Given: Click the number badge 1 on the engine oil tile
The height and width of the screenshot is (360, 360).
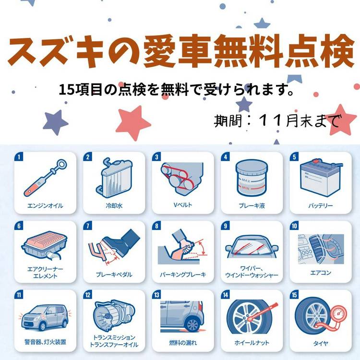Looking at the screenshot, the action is point(19,156).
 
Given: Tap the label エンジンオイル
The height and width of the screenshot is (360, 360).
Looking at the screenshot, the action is point(45,205).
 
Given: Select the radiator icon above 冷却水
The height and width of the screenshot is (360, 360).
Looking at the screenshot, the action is point(114,178).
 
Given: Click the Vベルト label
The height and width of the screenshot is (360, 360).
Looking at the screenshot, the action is point(183,205).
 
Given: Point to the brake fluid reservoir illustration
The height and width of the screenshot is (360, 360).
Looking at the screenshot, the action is point(252,178).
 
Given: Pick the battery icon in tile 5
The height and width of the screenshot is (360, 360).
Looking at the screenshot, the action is point(321,177).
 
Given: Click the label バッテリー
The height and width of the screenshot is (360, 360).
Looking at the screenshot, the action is point(321,205).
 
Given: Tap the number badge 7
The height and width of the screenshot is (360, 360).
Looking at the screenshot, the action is point(88,226).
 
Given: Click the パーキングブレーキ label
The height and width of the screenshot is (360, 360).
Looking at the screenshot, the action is point(183,275).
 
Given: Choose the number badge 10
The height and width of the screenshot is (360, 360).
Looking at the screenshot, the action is point(294,226).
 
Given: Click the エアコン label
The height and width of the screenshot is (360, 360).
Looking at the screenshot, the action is point(321,273).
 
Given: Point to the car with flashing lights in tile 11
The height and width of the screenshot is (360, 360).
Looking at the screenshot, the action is point(45,317).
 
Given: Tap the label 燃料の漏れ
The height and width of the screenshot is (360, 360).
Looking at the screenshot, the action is point(183,343).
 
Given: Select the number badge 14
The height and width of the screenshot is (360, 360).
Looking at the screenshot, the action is point(226,295).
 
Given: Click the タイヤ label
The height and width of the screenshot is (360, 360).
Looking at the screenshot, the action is point(321,343).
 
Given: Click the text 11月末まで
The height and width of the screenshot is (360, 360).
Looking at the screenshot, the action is point(299,120).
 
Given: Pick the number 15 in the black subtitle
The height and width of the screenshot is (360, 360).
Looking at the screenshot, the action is point(67,89).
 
